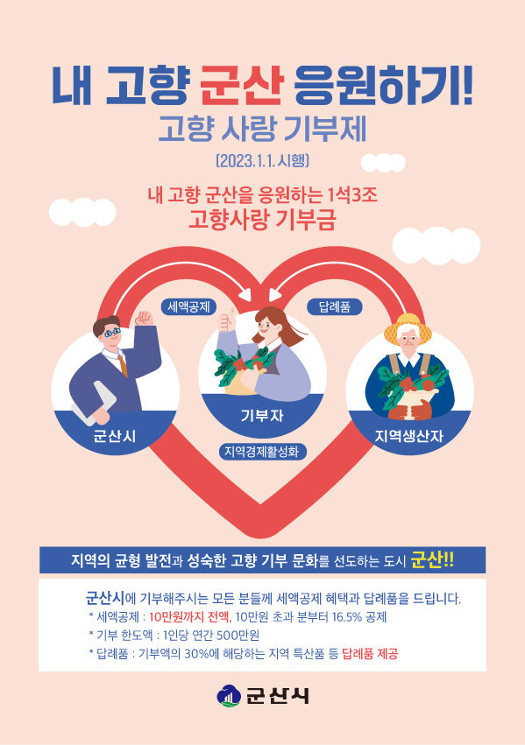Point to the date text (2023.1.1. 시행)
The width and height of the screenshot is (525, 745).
pos(263,160)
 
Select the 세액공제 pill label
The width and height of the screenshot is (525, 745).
pos(188,307)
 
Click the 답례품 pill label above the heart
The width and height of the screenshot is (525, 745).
pos(334,307)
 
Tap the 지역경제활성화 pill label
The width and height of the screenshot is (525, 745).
pos(262,452)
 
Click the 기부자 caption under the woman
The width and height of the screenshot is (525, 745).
pos(262,416)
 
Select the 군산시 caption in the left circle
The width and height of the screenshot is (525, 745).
pos(114,436)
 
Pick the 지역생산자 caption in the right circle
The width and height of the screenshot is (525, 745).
pos(409,436)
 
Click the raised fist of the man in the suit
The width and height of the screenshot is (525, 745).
pos(144,318)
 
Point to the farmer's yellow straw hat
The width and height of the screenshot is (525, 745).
pos(408,326)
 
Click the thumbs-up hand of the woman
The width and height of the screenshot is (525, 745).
pos(227,320)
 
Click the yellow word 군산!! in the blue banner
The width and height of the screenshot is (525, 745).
pos(432,559)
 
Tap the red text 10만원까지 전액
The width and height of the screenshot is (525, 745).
pos(189,616)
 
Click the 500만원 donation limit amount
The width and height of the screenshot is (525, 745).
pos(238,636)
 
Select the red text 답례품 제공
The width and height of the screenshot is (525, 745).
pos(370,654)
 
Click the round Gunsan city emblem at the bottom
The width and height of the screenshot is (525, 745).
pos(229,696)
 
